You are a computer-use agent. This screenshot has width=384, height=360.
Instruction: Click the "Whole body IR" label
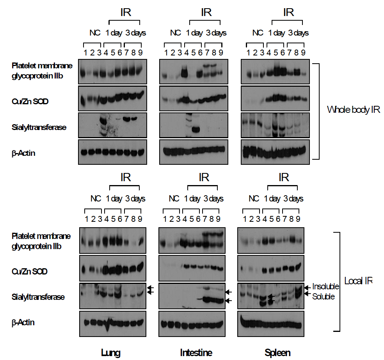[353, 110]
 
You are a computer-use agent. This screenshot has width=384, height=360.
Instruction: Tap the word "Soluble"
[324, 297]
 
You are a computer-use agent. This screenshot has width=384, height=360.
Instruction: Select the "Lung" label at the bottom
[110, 353]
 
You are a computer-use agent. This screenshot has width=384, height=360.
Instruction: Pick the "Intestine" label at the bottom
[196, 353]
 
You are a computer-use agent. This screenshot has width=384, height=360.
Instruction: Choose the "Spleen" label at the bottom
[277, 353]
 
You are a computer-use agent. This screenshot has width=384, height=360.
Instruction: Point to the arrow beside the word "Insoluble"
[308, 287]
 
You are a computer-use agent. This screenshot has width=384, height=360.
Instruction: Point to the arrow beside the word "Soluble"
[308, 294]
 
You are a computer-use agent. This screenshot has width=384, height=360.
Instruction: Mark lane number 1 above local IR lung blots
[86, 219]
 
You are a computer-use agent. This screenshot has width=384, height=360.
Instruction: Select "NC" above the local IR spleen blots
[254, 199]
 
